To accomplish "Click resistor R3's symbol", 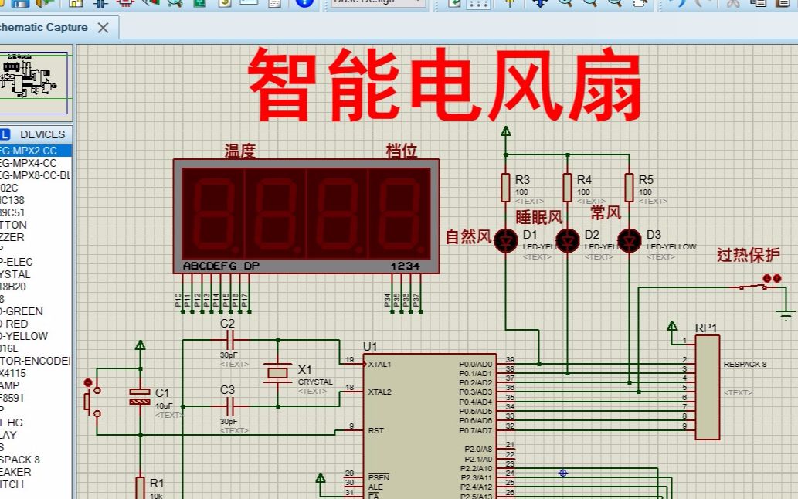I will pos(506,187).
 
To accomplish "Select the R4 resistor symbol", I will pos(568,187).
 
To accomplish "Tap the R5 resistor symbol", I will pos(630,187).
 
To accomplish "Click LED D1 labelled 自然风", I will pos(506,239).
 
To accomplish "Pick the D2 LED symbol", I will pos(568,239).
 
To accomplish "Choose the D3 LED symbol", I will pos(630,239).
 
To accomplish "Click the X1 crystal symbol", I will pos(277,372).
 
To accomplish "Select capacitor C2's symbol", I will pos(228,339).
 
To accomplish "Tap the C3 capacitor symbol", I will pos(228,405).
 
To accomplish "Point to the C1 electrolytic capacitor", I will pos(140,396).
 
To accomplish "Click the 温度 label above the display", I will pos(240,151).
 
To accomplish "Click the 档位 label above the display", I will pos(402,151).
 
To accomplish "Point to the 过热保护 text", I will pos(748,255).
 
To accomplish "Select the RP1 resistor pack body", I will pos(708,386).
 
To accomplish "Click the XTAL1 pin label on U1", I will pos(379,364).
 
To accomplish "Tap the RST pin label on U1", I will pos(375,430).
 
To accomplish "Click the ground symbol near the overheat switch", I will pos(786,315).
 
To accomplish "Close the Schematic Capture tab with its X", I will pos(104,28).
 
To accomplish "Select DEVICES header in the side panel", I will pos(42,134).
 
